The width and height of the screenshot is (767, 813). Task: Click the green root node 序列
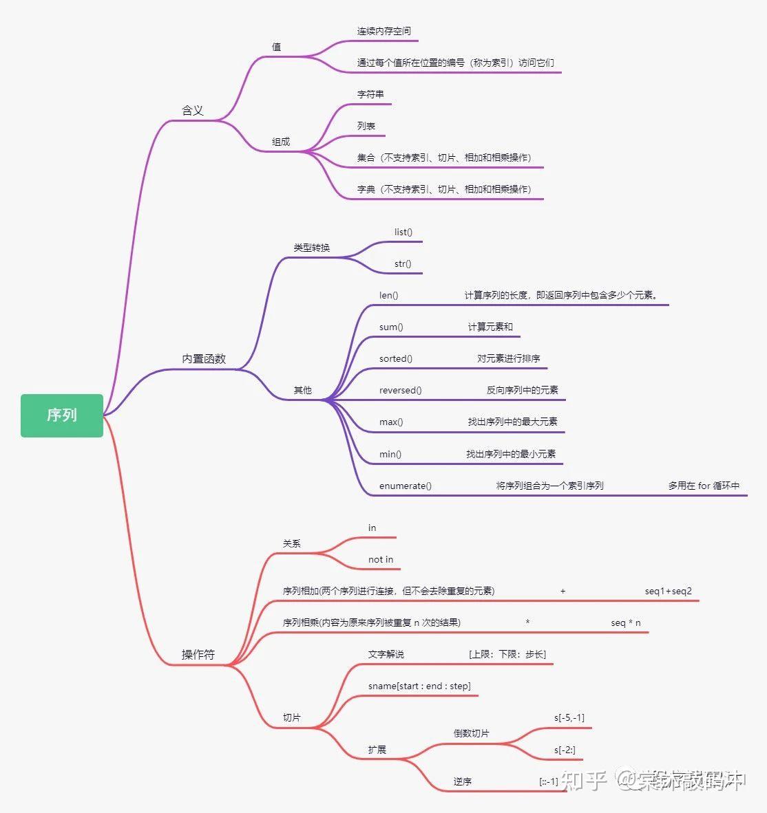click(x=61, y=415)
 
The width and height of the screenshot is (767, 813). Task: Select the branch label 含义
click(x=192, y=110)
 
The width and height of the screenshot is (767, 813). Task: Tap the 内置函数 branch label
click(x=204, y=358)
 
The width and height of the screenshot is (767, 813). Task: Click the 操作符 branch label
click(x=198, y=654)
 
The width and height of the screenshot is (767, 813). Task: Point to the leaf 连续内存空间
click(x=383, y=31)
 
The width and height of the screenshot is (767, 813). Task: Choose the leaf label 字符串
click(x=370, y=94)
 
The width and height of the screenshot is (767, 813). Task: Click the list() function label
click(x=403, y=232)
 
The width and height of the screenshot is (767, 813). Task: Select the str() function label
click(x=403, y=263)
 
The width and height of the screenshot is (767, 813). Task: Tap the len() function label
click(x=388, y=295)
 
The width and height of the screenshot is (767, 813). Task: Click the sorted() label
click(x=396, y=358)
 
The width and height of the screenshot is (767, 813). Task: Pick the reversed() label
click(x=400, y=390)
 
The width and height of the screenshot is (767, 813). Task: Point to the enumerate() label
click(x=406, y=486)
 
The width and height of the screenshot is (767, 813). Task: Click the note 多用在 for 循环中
click(x=704, y=486)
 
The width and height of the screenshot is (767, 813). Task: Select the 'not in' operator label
click(x=381, y=559)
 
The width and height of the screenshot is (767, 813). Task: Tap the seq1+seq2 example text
click(x=669, y=591)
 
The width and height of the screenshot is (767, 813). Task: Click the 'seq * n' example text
click(x=626, y=622)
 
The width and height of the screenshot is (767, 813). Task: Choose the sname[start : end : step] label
click(x=419, y=686)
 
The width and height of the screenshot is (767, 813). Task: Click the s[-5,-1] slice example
click(x=569, y=717)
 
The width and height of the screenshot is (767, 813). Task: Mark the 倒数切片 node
click(x=471, y=733)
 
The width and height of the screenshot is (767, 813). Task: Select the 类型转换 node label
click(x=312, y=248)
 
